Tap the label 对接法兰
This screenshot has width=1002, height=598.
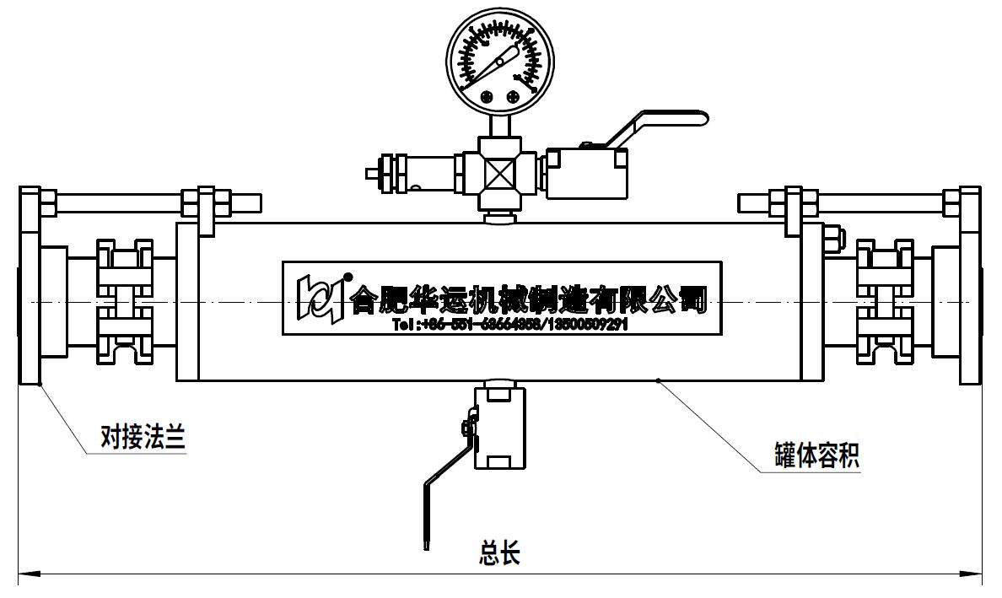142,438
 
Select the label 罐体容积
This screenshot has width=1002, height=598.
816,455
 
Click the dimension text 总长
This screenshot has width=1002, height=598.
499,553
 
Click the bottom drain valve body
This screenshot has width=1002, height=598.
498,426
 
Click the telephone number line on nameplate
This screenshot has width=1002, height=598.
510,325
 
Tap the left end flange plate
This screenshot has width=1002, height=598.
30,287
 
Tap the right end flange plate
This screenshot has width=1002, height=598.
970,287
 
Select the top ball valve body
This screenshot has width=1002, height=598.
587,173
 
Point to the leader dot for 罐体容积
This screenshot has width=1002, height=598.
659,381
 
